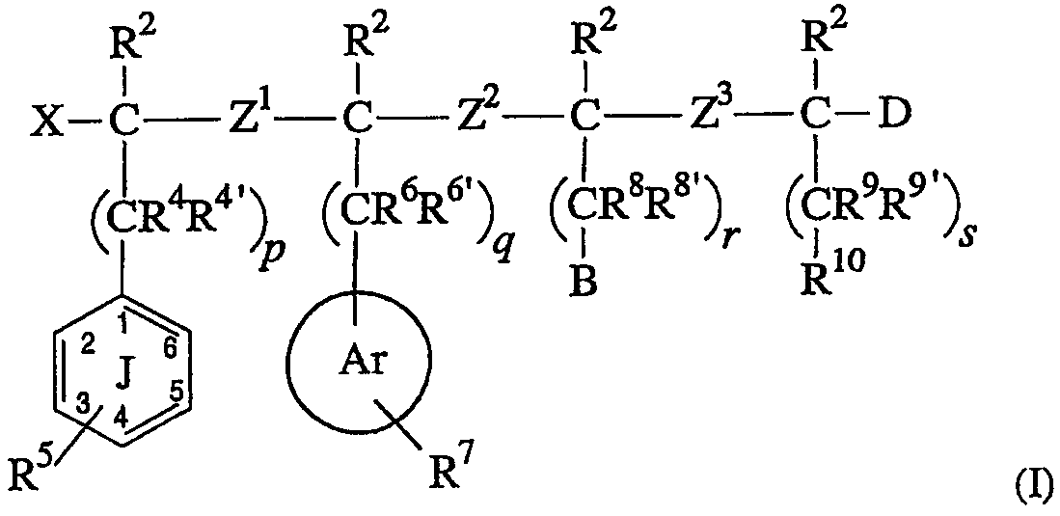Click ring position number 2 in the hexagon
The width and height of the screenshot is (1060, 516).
[86, 347]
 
